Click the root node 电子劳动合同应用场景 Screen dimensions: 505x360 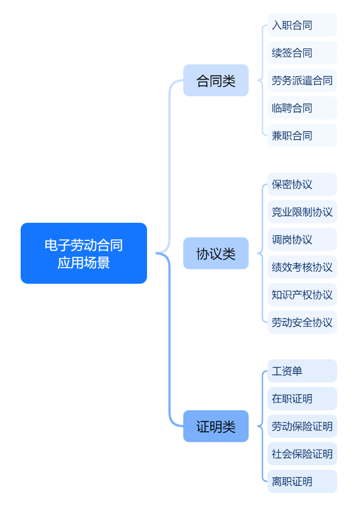pos(84,253)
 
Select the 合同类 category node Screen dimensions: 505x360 pos(215,80)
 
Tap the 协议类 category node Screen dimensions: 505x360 pos(215,253)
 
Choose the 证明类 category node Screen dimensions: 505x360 pos(215,426)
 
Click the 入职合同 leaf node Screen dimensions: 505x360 pos(302,25)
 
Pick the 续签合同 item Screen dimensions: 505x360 pos(302,53)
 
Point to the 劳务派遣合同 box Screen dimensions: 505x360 pos(302,80)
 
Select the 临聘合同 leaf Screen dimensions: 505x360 pos(302,108)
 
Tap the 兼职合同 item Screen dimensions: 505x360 pos(302,136)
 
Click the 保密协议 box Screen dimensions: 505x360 pos(302,184)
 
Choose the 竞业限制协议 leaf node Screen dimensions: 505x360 pos(302,212)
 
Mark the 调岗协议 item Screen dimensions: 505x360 pos(302,239)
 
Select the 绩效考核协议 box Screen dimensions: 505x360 pos(302,267)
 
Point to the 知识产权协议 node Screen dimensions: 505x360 pos(302,295)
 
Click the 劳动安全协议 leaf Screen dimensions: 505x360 pos(302,322)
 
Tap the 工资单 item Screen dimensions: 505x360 pos(302,371)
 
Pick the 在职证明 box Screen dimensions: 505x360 pos(302,399)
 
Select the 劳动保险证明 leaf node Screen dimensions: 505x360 pos(302,426)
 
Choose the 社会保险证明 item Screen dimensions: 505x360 pos(302,454)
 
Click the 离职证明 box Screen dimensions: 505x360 pos(302,481)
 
